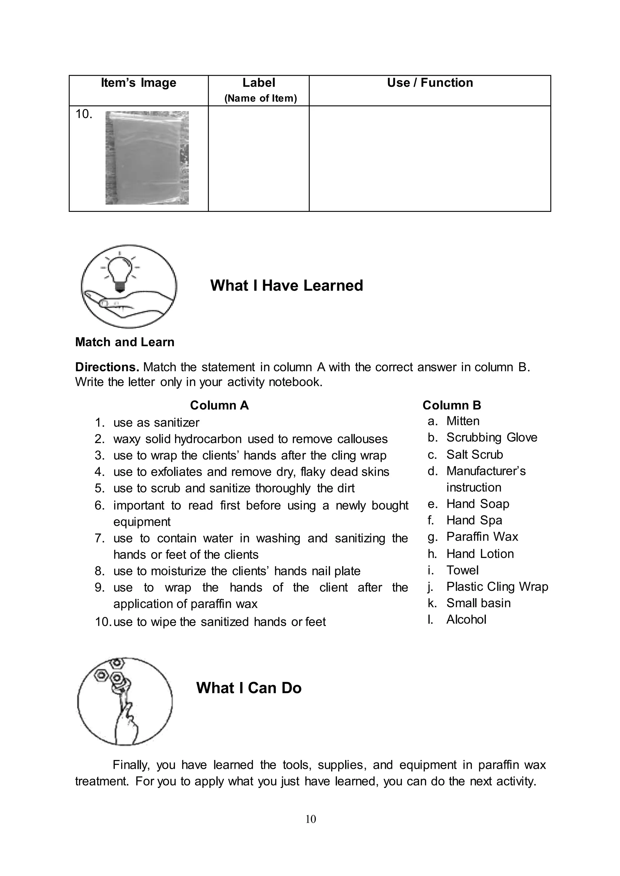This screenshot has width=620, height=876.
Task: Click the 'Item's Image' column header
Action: point(138,83)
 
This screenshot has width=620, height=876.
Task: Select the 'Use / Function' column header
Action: point(430,83)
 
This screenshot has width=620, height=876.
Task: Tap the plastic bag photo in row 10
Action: point(147,158)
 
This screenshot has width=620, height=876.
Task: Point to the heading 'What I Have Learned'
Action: point(286,285)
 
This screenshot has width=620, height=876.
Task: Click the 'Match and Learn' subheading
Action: point(124,342)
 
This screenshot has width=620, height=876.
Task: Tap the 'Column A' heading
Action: point(219,405)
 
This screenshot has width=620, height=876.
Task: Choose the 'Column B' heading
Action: point(452,405)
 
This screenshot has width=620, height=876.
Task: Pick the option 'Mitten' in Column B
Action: point(463,421)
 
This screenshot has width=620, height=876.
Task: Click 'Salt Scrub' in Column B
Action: point(475,455)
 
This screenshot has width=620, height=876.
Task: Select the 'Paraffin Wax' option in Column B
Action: point(482,537)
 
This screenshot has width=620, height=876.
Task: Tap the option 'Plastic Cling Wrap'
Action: point(497,586)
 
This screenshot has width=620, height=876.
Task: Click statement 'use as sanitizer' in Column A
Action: point(156,423)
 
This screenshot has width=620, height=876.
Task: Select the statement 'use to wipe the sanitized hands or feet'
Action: point(219,622)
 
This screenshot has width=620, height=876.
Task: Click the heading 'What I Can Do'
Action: point(249,687)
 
